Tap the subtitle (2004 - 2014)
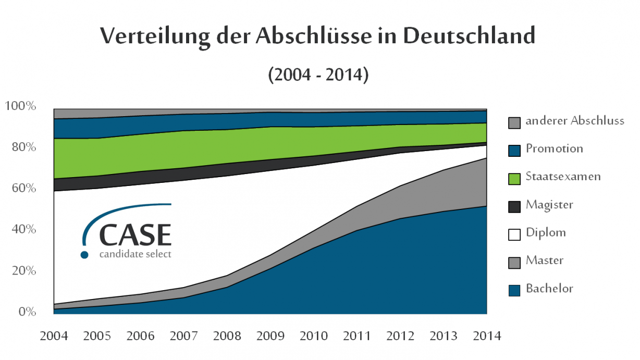[318, 75]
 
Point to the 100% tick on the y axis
[20, 106]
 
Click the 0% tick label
[24, 312]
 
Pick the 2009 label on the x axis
[270, 336]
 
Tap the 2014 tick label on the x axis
[487, 336]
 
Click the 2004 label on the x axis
[54, 336]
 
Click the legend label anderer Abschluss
[575, 121]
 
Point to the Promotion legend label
[554, 148]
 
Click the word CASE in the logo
[135, 235]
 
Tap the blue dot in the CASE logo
[84, 255]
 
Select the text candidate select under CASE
[134, 254]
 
